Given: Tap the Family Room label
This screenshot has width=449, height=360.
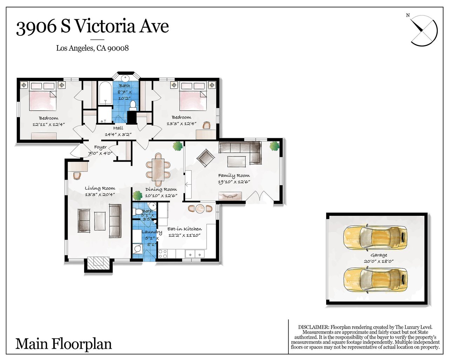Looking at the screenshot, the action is tap(234, 175).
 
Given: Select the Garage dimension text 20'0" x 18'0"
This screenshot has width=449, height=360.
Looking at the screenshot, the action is tap(379, 261).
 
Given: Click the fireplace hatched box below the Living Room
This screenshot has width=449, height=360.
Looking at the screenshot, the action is tap(99, 264).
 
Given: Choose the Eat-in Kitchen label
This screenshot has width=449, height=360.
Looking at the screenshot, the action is tap(185, 229).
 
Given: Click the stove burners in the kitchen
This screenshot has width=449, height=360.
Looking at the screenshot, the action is tap(163, 254).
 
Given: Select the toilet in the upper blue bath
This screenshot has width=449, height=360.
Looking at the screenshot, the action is tap(133, 105).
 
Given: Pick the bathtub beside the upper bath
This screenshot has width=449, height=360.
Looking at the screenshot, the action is tap(105, 93).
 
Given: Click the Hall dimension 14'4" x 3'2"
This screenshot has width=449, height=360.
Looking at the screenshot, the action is tap(118, 135).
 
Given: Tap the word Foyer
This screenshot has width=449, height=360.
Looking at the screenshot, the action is tap(100, 147).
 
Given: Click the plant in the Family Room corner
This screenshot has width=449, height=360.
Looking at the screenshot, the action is tap(274, 146).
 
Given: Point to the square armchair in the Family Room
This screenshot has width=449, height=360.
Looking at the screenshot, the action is tap(206, 158).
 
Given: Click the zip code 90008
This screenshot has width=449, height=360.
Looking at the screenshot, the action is tap(118, 48).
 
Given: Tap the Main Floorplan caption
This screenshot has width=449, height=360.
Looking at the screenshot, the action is tap(63, 344).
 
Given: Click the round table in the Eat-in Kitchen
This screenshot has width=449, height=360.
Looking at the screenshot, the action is tap(200, 208).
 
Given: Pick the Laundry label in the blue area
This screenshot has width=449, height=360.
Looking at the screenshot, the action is tap(152, 232).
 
